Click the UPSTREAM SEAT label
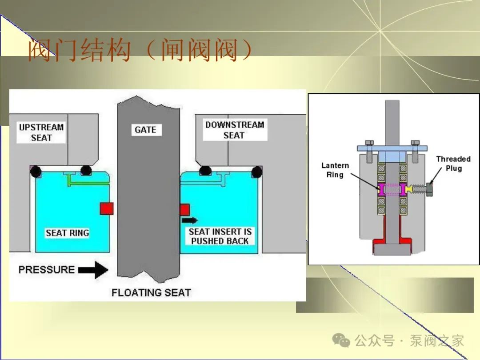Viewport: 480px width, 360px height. pos(41,132)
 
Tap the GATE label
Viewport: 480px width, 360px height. pos(145,130)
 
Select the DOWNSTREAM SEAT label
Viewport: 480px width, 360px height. pos(235,130)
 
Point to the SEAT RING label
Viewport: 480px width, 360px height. pos(68,233)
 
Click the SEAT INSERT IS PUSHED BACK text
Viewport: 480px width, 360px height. pos(220,236)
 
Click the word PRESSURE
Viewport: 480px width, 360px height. pos(47,270)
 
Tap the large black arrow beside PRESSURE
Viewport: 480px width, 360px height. pos(93,270)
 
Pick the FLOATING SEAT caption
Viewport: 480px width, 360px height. pos(151,292)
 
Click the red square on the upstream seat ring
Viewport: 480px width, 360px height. pos(107,208)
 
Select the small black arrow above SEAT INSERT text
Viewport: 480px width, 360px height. pos(190,220)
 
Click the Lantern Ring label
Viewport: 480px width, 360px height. pos(335,170)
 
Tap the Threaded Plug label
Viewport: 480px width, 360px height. pos(453,164)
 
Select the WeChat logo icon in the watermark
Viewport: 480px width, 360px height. pos(341,340)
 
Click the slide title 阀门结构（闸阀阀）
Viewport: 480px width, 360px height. pos(140,50)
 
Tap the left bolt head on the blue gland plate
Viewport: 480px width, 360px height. pos(369,143)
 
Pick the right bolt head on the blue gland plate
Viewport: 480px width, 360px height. pos(415,143)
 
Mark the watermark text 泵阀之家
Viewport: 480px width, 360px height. pos(437,341)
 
